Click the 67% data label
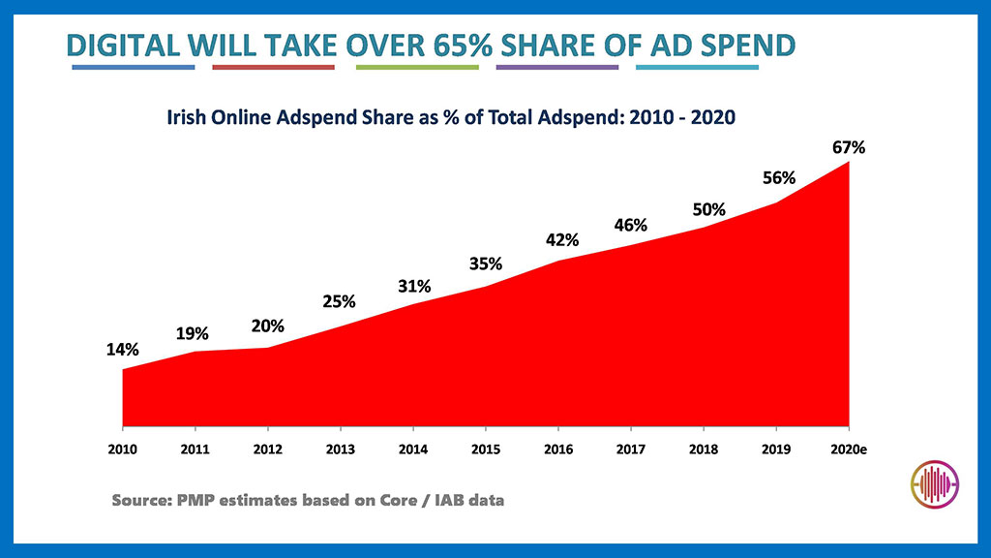pyautogui.click(x=848, y=148)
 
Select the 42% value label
pyautogui.click(x=559, y=239)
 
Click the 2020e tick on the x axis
pyautogui.click(x=849, y=449)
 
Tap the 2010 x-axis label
pyautogui.click(x=122, y=449)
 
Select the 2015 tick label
pyautogui.click(x=486, y=449)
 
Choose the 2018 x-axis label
pyautogui.click(x=704, y=449)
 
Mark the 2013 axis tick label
pyautogui.click(x=341, y=449)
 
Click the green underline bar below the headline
pyautogui.click(x=417, y=68)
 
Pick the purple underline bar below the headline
pyautogui.click(x=556, y=68)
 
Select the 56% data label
pyautogui.click(x=778, y=178)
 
